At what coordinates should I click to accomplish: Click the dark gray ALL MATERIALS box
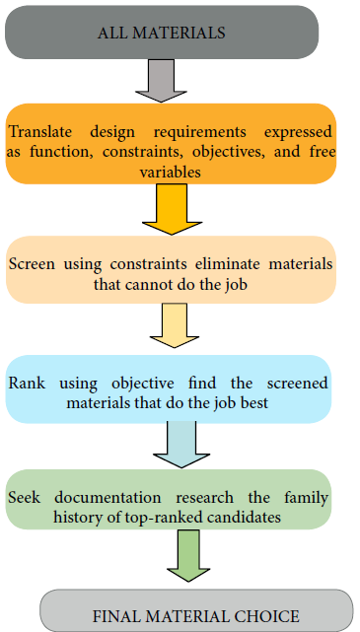coord(162,32)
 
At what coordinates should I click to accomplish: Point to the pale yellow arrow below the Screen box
coord(172,327)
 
